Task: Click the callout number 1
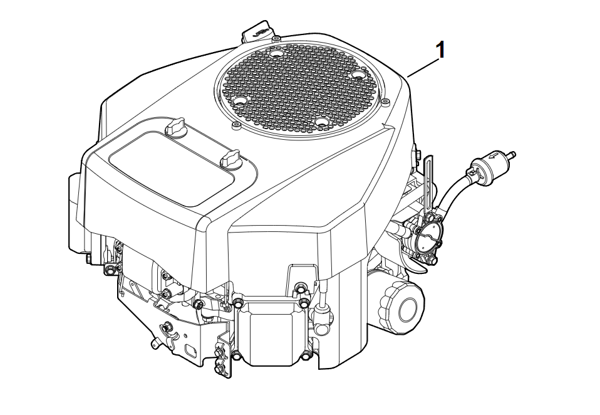click(x=441, y=51)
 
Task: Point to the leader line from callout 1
click(x=423, y=68)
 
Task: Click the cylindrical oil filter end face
click(x=408, y=308)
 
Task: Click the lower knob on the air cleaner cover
click(x=230, y=158)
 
